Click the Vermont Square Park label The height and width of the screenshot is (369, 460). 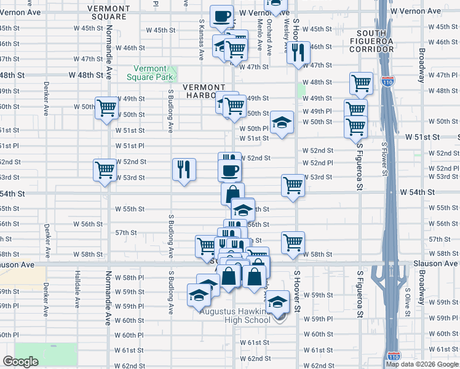point(146,73)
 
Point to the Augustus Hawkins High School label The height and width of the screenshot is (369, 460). point(235,315)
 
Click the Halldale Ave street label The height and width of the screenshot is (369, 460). point(77,288)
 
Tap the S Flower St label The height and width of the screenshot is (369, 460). point(384,159)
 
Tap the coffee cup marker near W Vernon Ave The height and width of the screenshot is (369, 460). point(222,17)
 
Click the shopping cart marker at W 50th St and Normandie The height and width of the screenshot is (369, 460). point(107,108)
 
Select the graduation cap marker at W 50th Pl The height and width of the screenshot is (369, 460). point(282,122)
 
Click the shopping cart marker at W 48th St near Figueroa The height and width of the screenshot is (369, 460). point(361,83)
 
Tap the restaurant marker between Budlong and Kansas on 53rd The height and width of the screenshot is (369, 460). point(184,169)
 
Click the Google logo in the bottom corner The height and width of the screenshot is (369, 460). point(21,362)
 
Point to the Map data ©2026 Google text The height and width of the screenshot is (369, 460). point(422,364)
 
